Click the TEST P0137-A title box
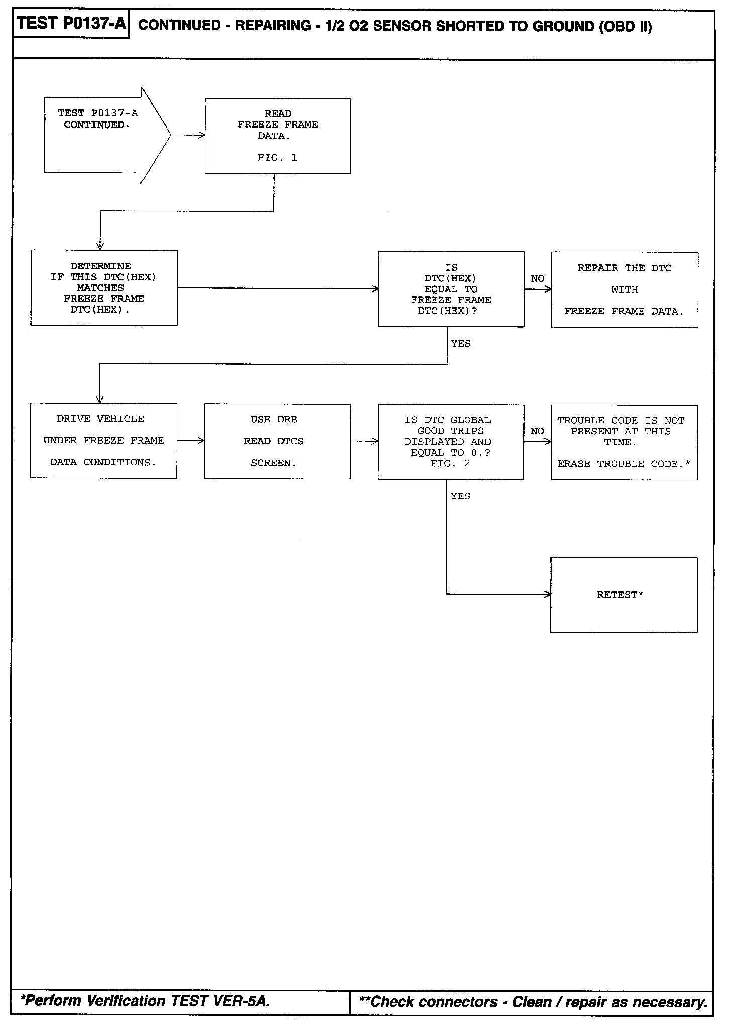71,24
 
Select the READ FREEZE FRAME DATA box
278,136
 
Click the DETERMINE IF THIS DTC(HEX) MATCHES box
104,288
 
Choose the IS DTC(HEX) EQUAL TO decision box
451,289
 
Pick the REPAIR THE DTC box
624,290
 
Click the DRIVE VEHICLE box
103,441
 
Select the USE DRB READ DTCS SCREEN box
277,441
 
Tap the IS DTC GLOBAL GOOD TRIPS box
450,442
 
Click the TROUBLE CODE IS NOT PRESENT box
624,442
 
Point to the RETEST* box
624,595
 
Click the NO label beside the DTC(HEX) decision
537,279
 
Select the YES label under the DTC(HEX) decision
461,344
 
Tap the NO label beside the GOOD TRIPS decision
537,431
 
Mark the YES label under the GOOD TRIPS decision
460,496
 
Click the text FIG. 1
277,158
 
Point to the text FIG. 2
450,464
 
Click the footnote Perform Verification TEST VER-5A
146,1000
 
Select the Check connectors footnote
534,1002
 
